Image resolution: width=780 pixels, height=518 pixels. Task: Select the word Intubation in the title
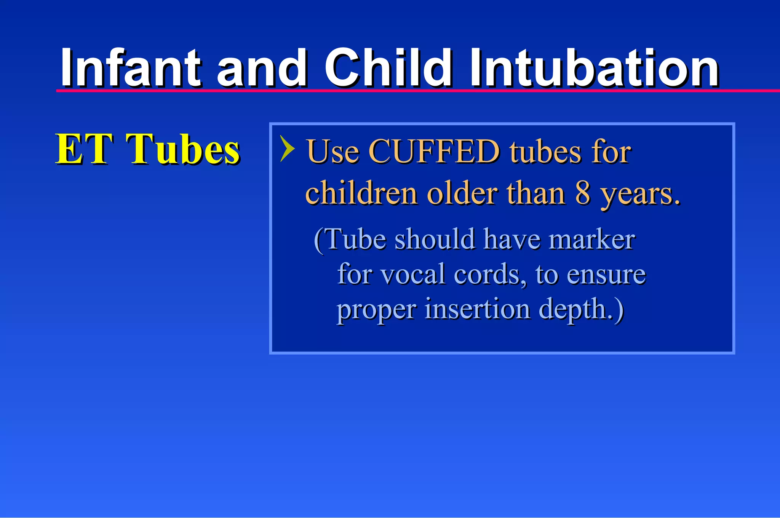point(594,69)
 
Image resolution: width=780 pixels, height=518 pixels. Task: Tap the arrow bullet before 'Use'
point(287,149)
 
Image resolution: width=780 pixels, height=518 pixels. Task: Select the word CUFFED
point(434,152)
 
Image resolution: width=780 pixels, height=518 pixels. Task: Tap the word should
point(435,240)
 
